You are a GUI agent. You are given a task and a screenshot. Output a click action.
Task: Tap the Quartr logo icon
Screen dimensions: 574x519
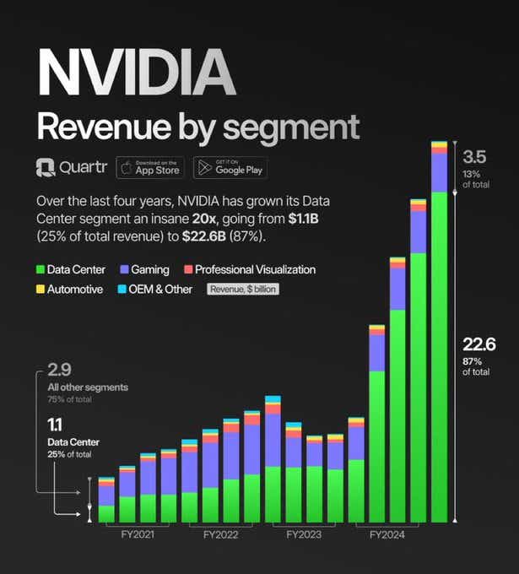pyautogui.click(x=45, y=168)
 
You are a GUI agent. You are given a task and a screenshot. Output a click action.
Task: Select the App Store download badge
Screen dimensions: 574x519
pyautogui.click(x=150, y=167)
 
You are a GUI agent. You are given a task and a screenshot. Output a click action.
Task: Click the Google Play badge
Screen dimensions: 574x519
pyautogui.click(x=230, y=167)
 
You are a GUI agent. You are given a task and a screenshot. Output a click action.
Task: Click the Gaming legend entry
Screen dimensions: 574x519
pyautogui.click(x=144, y=270)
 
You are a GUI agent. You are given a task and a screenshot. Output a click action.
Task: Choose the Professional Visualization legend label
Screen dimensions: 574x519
pyautogui.click(x=255, y=270)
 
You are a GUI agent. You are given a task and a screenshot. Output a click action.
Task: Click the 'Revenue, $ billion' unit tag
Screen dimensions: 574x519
pyautogui.click(x=243, y=289)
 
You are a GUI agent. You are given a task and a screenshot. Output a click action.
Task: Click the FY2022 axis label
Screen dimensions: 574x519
pyautogui.click(x=220, y=534)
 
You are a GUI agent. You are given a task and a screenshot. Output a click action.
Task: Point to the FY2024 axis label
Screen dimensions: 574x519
pyautogui.click(x=387, y=534)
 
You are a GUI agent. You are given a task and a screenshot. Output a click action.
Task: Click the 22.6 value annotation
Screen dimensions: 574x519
pyautogui.click(x=478, y=344)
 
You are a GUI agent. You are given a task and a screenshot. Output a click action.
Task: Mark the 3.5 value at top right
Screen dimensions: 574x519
pyautogui.click(x=476, y=157)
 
